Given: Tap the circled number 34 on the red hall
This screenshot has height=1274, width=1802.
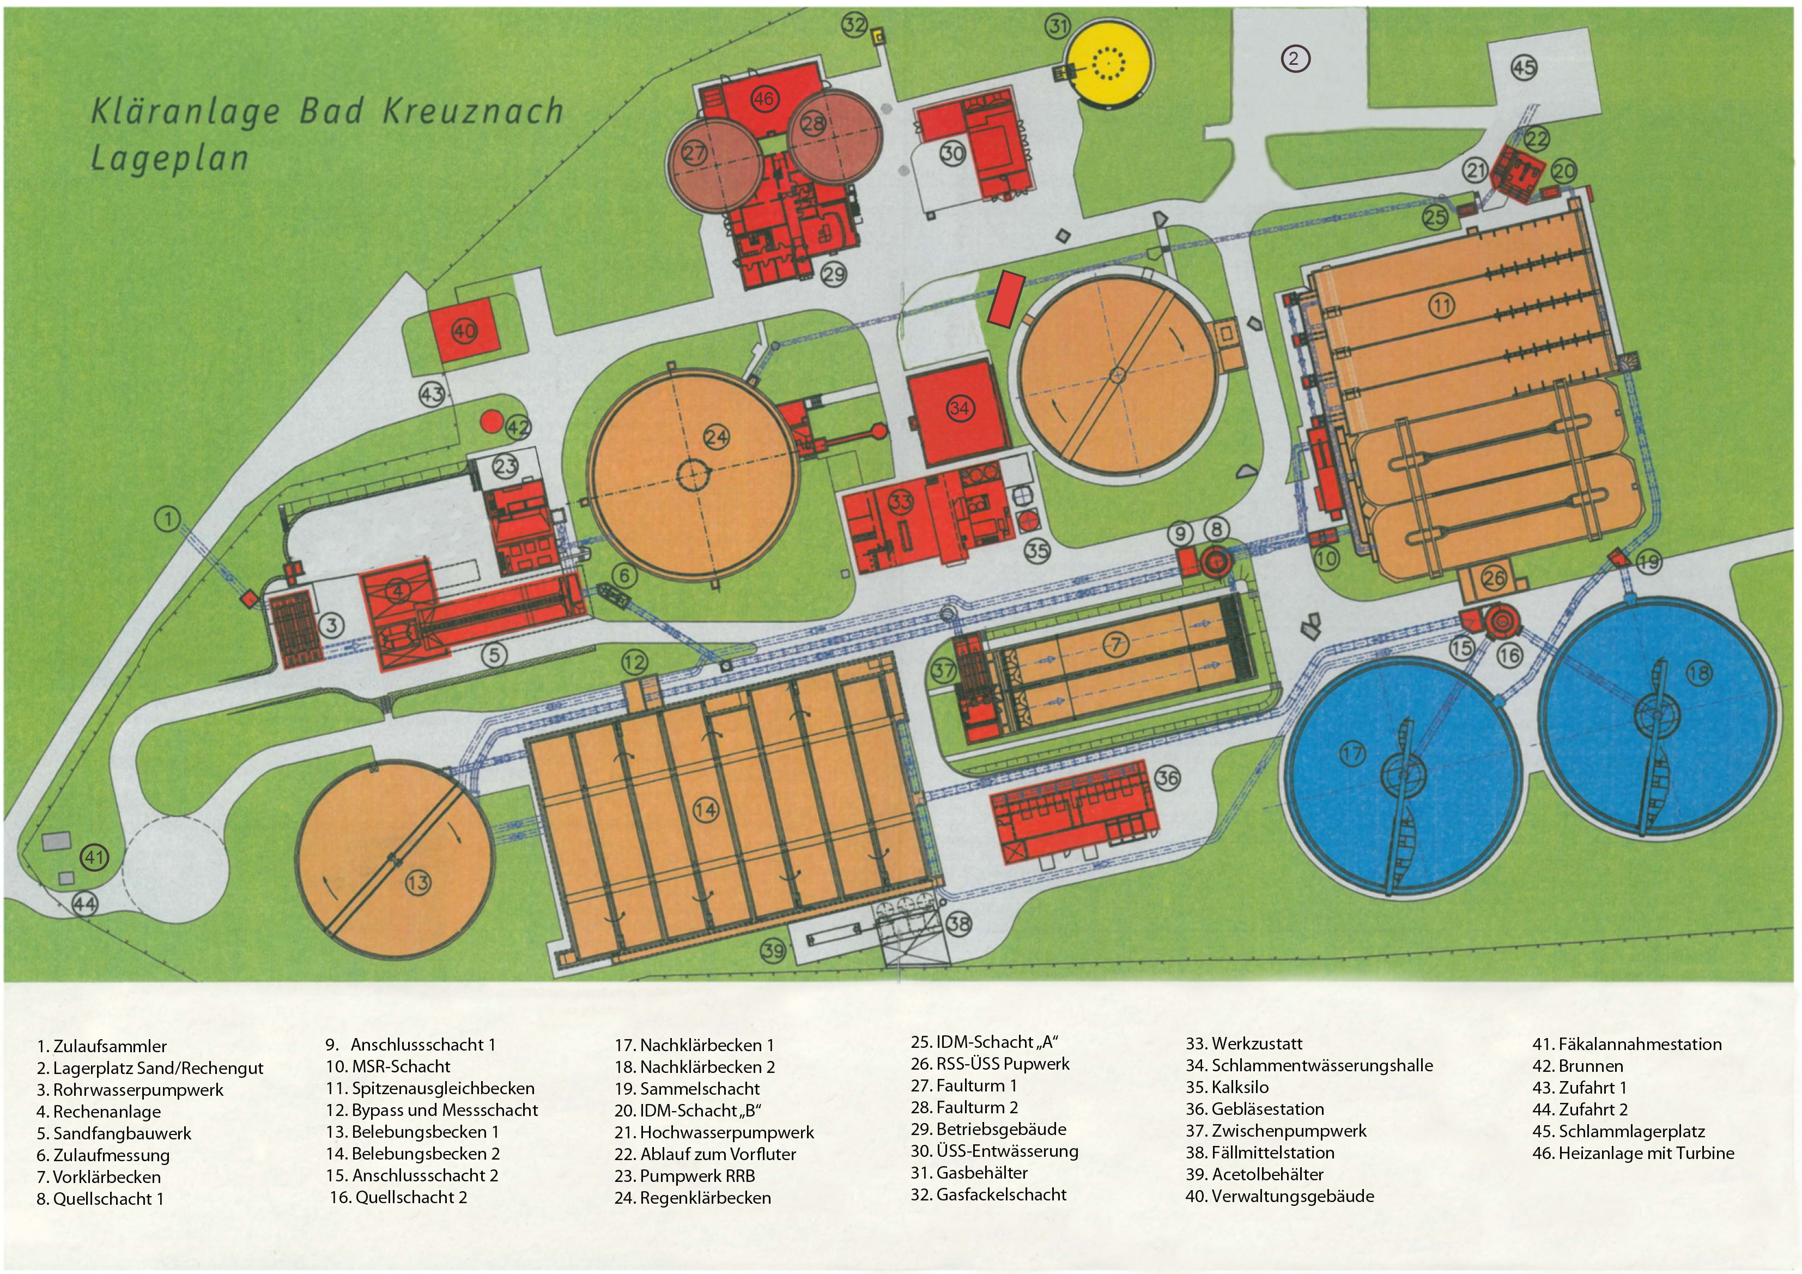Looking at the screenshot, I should point(959,408).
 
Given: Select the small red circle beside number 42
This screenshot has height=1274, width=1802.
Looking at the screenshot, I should point(492,421).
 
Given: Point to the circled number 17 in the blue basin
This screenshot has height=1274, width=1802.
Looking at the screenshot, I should point(1351,754).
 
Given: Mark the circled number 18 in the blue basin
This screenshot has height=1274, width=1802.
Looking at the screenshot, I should point(1698,673).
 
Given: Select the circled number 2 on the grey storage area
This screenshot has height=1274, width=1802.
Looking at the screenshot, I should point(1295,58).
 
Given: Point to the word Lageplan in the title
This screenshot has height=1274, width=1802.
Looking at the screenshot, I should point(169,158).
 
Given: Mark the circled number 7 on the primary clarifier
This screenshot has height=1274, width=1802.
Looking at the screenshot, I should point(1115,645).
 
